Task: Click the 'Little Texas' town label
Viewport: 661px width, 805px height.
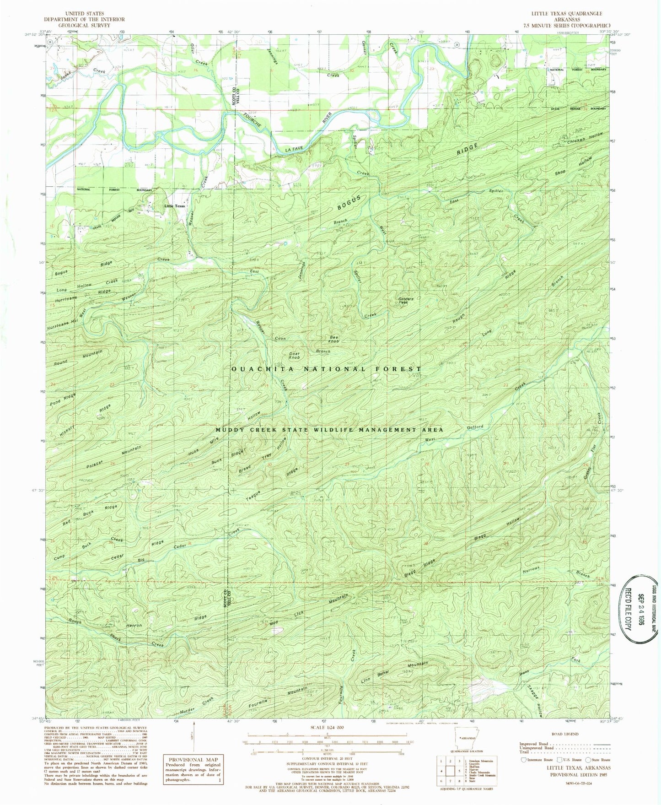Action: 175,206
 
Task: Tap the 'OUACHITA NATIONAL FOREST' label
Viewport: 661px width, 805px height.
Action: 327,369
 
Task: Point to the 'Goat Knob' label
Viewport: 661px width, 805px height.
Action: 295,355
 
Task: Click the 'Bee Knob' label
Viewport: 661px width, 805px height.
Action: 334,340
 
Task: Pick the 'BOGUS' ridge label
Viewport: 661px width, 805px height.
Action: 350,202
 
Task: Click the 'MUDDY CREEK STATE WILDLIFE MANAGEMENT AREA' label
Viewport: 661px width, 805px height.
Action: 329,430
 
